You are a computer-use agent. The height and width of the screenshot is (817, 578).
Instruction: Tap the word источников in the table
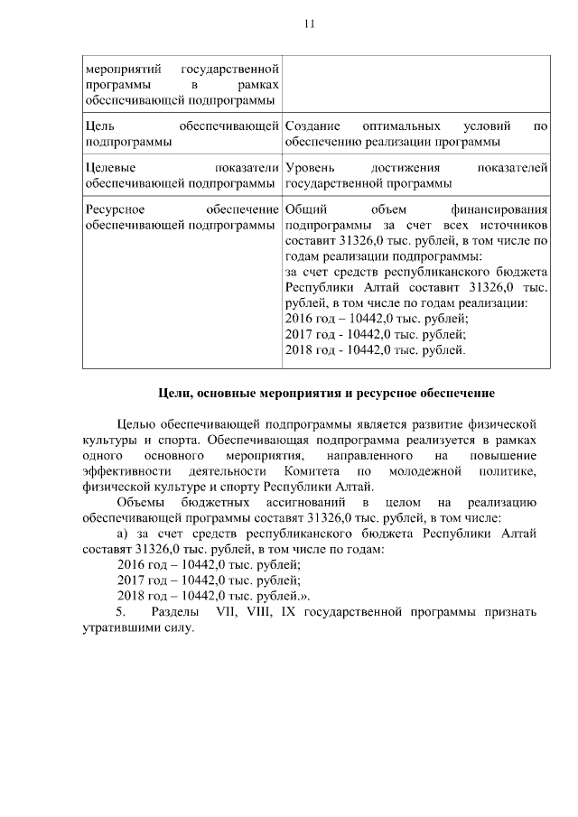coord(515,225)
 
